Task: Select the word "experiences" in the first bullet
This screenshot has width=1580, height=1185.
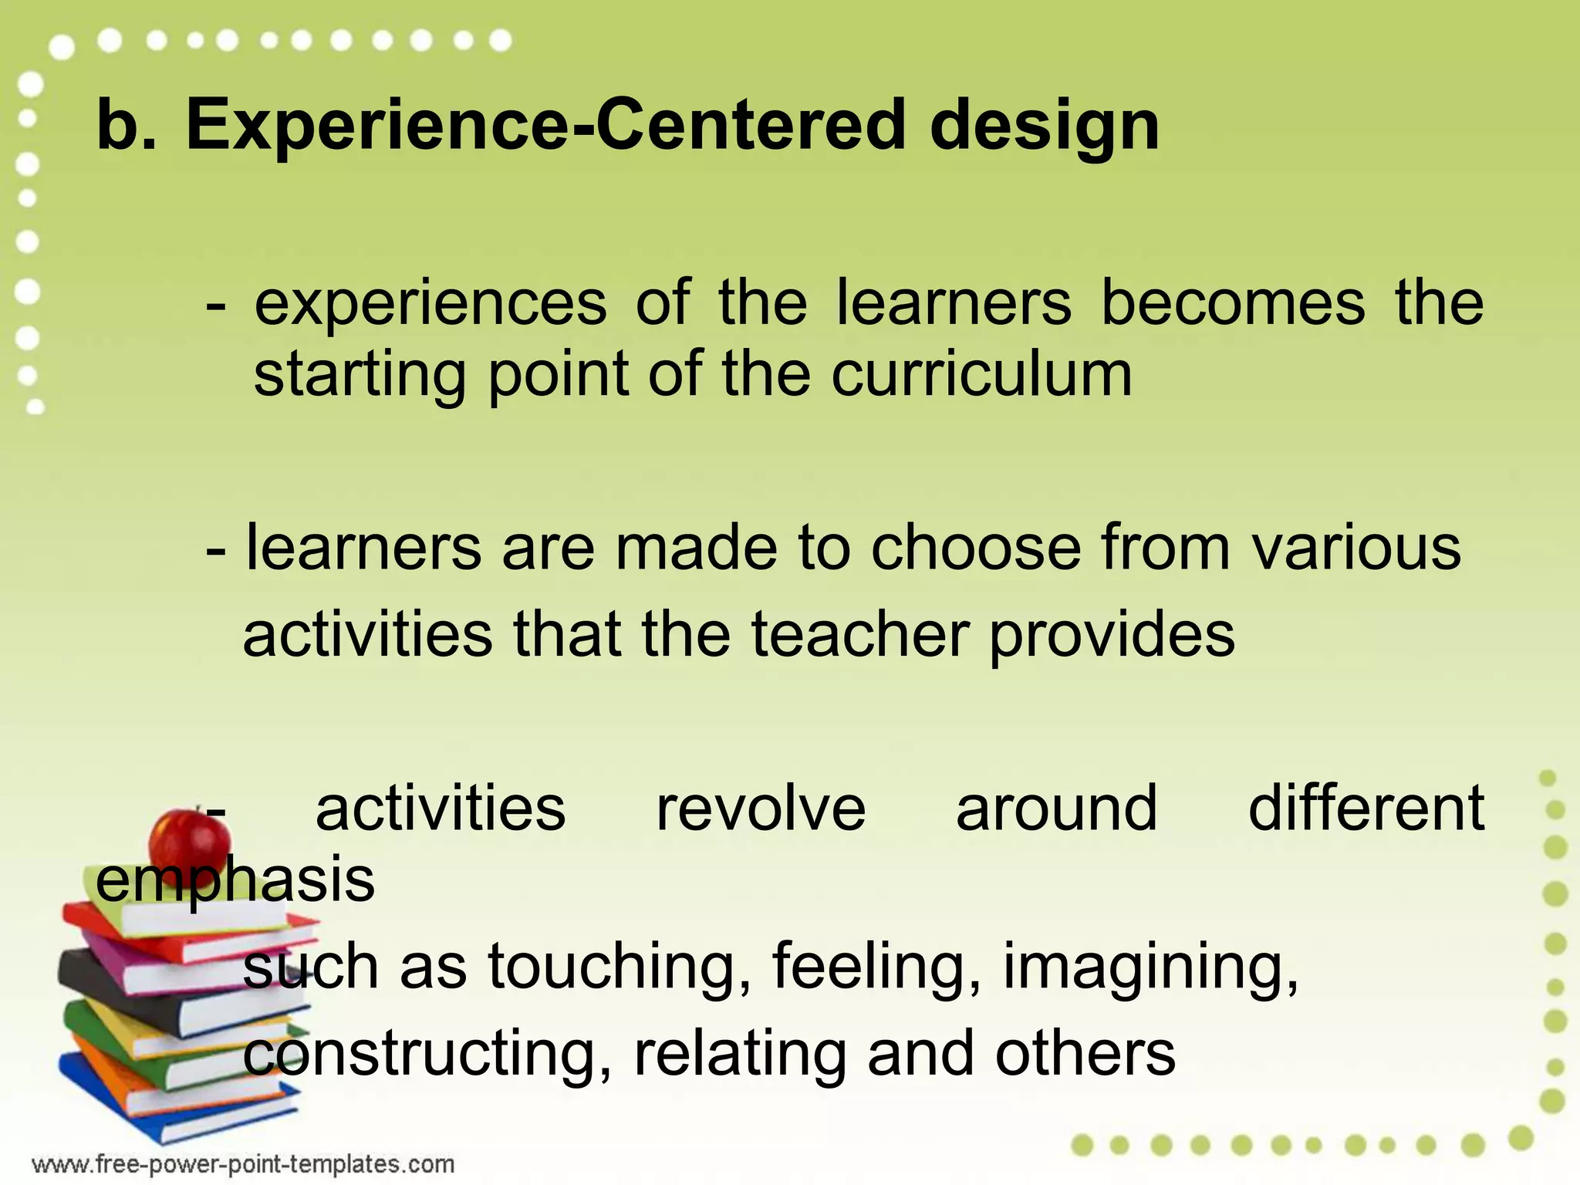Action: pos(430,304)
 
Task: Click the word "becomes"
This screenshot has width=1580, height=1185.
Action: pos(1232,302)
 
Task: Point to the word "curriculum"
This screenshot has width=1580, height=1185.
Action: pos(981,375)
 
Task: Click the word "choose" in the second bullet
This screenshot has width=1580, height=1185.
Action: pos(976,547)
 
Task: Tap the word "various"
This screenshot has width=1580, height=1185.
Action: pos(1356,547)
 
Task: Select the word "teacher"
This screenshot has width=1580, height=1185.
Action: pos(860,634)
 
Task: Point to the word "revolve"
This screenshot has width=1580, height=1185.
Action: pos(761,808)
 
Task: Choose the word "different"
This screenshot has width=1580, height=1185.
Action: pos(1366,808)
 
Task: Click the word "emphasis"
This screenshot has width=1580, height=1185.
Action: pos(235,881)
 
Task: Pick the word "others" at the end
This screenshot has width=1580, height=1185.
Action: pos(1085,1054)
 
